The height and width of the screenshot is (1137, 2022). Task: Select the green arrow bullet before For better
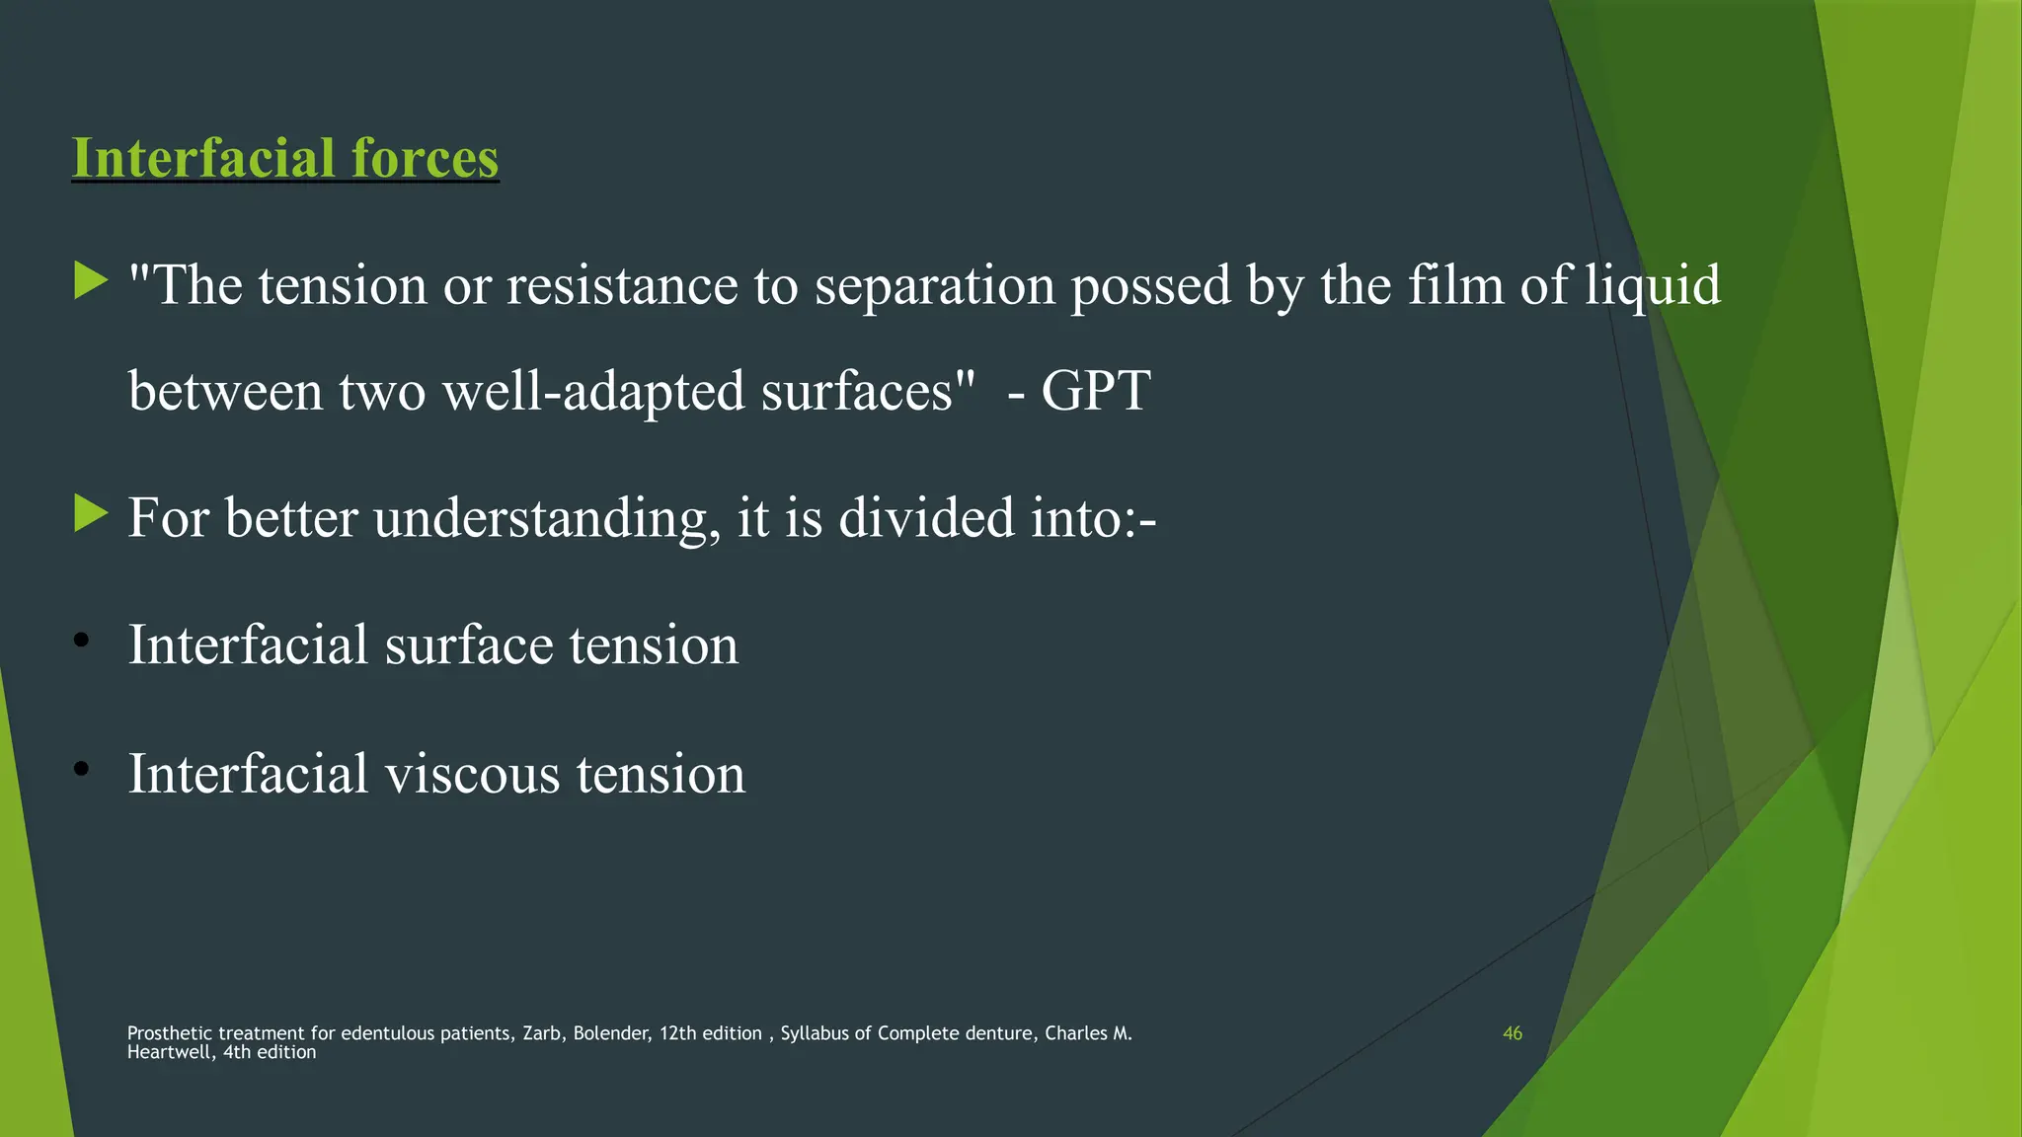pos(91,514)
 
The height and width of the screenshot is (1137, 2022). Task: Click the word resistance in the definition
pos(622,286)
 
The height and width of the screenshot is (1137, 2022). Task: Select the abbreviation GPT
pos(1096,391)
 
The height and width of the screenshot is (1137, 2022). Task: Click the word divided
pos(926,518)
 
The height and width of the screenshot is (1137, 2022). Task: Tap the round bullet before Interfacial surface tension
pos(82,642)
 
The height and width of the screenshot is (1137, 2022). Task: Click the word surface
pos(468,645)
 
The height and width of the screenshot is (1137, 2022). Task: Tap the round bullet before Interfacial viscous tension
pos(82,768)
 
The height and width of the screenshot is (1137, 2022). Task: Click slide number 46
pos(1512,1033)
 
